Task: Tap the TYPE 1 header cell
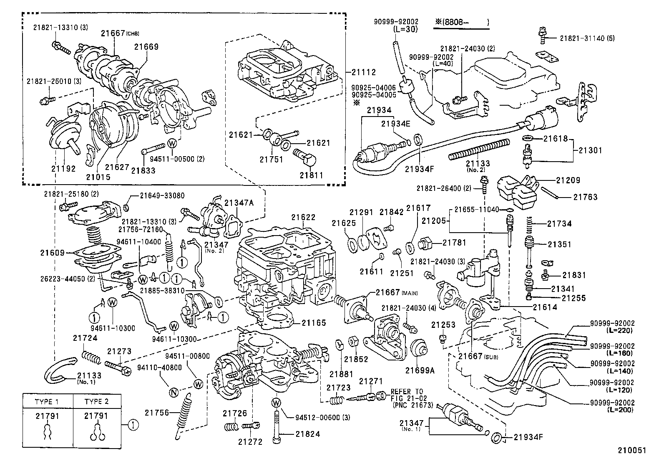point(48,401)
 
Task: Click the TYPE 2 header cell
point(96,401)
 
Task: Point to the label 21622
point(303,218)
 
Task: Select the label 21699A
point(419,370)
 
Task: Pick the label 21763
point(585,197)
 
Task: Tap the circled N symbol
point(174,392)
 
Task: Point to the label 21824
point(308,434)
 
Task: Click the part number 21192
point(63,169)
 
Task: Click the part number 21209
point(568,180)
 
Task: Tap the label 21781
point(454,242)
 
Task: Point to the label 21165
point(314,323)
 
